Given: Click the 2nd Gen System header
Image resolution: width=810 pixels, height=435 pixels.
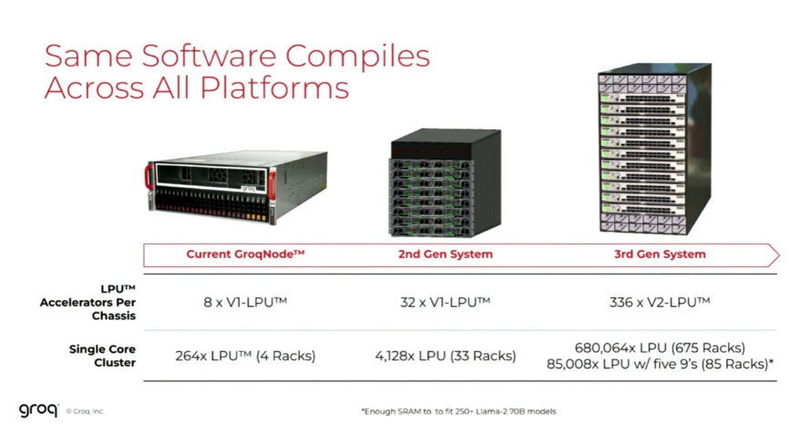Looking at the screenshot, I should click(x=446, y=254).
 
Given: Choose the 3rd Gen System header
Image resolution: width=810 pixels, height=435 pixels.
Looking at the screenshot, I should click(x=660, y=254).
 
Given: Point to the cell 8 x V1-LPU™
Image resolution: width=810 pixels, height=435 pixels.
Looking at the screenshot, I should click(x=244, y=302).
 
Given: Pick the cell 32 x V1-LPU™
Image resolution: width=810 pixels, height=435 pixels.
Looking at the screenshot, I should click(x=446, y=302).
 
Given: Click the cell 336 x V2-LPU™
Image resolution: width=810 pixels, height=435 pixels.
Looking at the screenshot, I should click(x=660, y=302).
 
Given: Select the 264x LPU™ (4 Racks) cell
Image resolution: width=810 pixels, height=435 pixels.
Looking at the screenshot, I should click(x=245, y=356).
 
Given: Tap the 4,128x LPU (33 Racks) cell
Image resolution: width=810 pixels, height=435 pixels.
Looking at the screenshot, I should click(x=446, y=356).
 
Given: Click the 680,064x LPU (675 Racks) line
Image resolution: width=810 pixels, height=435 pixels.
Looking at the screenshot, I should click(x=660, y=347).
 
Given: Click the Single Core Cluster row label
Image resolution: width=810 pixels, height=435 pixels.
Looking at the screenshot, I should click(x=102, y=356).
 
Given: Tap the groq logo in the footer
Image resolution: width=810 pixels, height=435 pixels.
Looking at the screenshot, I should click(x=37, y=410).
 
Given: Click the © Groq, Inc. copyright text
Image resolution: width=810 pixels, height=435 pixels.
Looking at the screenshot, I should click(x=85, y=411).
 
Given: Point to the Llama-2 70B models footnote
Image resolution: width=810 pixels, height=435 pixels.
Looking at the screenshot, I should click(x=458, y=411).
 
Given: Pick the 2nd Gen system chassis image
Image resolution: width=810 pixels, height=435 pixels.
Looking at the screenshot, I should click(x=446, y=183).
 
